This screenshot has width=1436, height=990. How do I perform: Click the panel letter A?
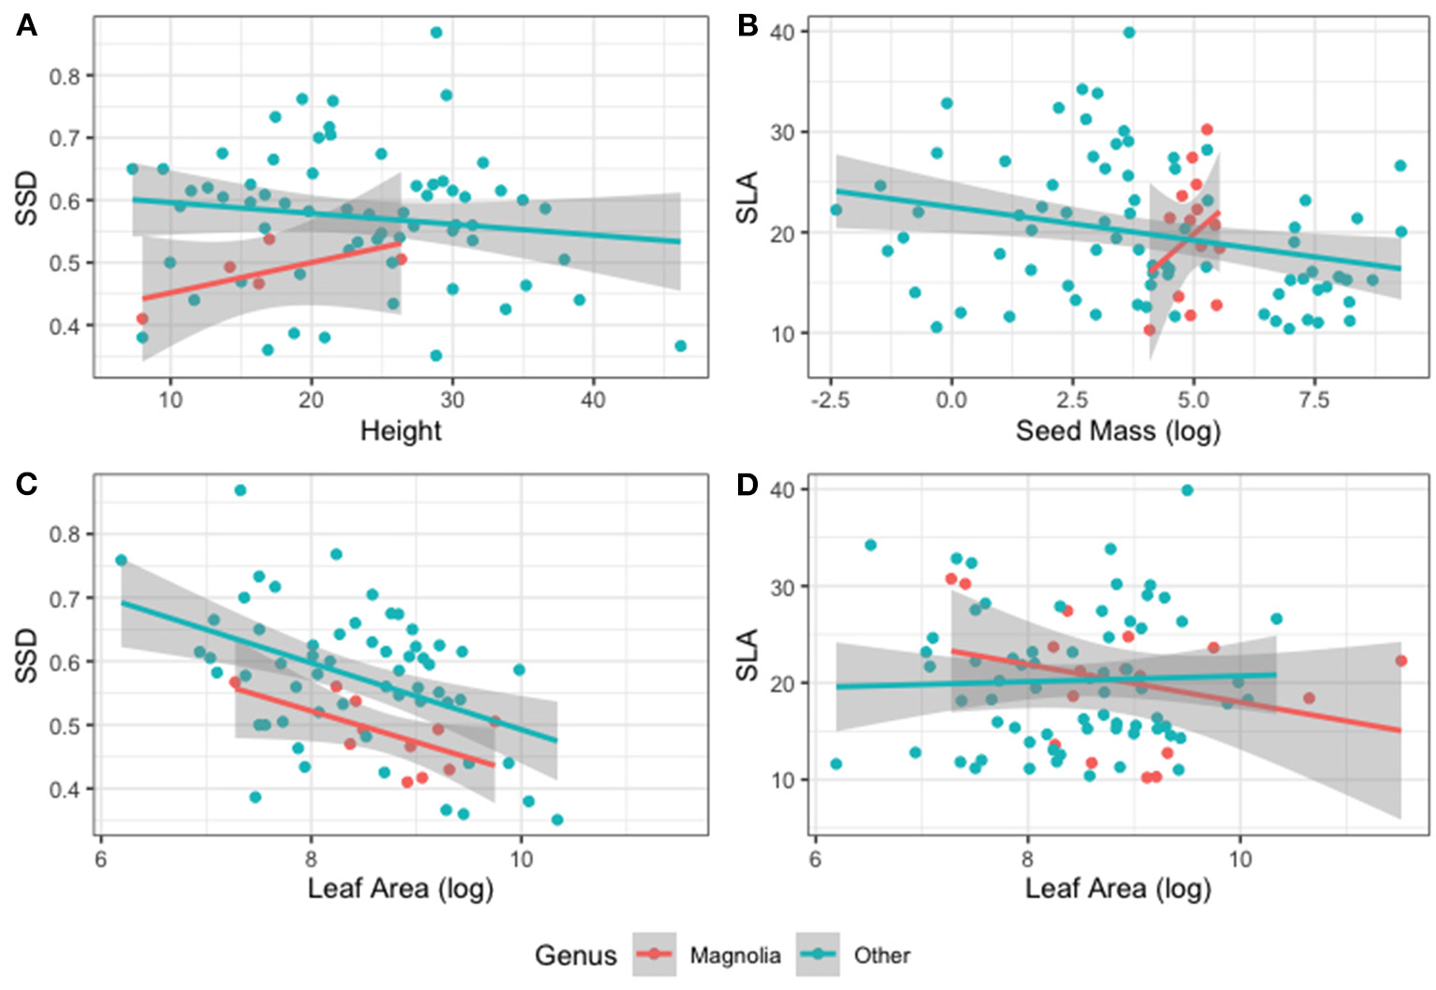(26, 25)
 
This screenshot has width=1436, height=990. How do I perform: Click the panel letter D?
(747, 484)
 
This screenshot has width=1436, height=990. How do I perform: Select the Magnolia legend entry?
(734, 955)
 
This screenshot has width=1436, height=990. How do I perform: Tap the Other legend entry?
(881, 955)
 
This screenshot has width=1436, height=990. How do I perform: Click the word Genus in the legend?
(575, 955)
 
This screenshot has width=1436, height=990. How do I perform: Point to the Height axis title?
(400, 430)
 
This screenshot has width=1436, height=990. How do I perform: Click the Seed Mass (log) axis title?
(1118, 430)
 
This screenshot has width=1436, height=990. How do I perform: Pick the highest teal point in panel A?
(436, 33)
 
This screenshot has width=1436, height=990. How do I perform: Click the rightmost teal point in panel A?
(680, 346)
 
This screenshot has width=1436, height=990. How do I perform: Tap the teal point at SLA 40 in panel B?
(1129, 33)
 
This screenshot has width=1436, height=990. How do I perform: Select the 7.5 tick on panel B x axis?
(1313, 400)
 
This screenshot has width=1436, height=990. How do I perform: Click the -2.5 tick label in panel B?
(830, 400)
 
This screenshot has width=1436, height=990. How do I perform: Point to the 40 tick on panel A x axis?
(593, 400)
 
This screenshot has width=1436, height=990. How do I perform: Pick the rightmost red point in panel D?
(1400, 661)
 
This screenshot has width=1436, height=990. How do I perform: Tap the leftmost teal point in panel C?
(121, 561)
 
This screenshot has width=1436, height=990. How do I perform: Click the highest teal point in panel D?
(1187, 490)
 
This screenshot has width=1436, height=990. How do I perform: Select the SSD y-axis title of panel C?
(27, 655)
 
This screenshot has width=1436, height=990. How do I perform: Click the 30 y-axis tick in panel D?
(783, 587)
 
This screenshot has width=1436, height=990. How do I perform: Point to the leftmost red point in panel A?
(142, 319)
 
